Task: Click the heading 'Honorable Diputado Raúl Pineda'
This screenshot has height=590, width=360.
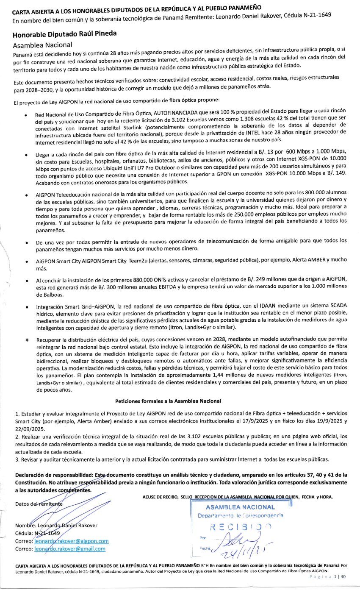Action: tap(64, 35)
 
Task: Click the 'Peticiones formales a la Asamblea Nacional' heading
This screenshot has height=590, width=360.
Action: tap(168, 401)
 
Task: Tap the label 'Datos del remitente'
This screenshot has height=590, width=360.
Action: tap(39, 504)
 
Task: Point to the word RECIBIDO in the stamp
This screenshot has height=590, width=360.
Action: tap(240, 527)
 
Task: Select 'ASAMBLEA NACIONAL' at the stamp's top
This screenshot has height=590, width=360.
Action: tap(240, 507)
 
